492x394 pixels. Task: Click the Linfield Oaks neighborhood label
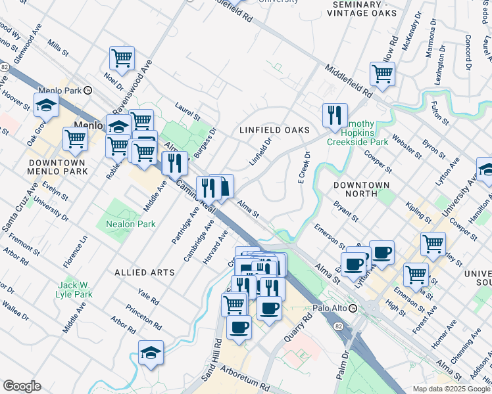[x=274, y=130]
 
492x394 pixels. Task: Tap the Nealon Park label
[x=130, y=224]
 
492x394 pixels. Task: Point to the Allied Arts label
[x=145, y=272]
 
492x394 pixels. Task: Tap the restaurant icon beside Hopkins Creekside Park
[x=335, y=116]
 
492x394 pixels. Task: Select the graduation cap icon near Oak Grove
[x=46, y=105]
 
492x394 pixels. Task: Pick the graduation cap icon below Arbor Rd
[x=151, y=353]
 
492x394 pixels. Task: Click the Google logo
[x=22, y=386]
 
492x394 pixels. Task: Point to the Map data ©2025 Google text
[x=450, y=389]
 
